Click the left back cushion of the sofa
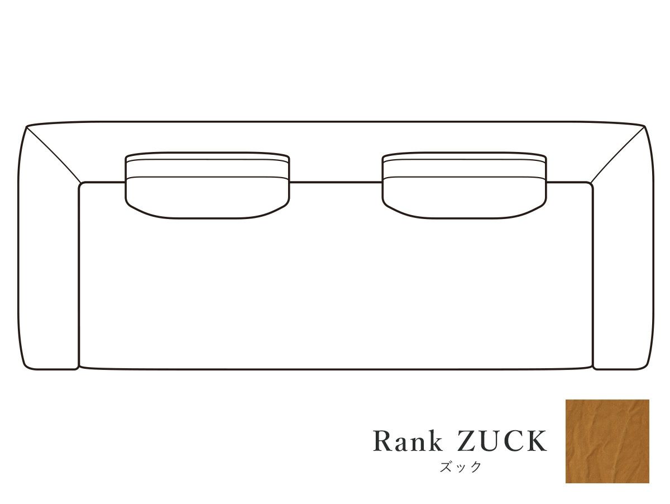click(x=207, y=186)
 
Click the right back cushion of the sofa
click(x=464, y=186)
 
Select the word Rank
click(x=408, y=441)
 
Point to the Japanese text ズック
click(x=460, y=467)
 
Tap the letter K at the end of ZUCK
click(x=535, y=441)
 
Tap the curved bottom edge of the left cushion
click(x=207, y=218)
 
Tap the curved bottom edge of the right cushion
click(x=464, y=218)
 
